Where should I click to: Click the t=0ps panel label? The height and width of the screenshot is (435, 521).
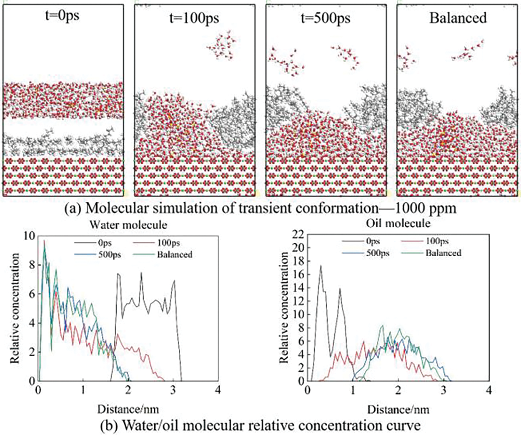[62, 16]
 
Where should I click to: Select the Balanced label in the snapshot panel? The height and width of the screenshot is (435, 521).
[458, 18]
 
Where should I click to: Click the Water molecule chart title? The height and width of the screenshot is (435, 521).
[128, 225]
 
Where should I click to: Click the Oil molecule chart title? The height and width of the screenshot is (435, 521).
[398, 223]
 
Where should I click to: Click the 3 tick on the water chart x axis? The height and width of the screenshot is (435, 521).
[173, 391]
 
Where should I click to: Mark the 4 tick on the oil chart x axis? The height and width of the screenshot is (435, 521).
[489, 391]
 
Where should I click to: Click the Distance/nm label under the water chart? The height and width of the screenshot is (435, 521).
[128, 408]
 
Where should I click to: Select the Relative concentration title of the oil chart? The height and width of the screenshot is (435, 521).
[284, 307]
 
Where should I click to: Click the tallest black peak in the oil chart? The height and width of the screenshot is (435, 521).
[321, 266]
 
